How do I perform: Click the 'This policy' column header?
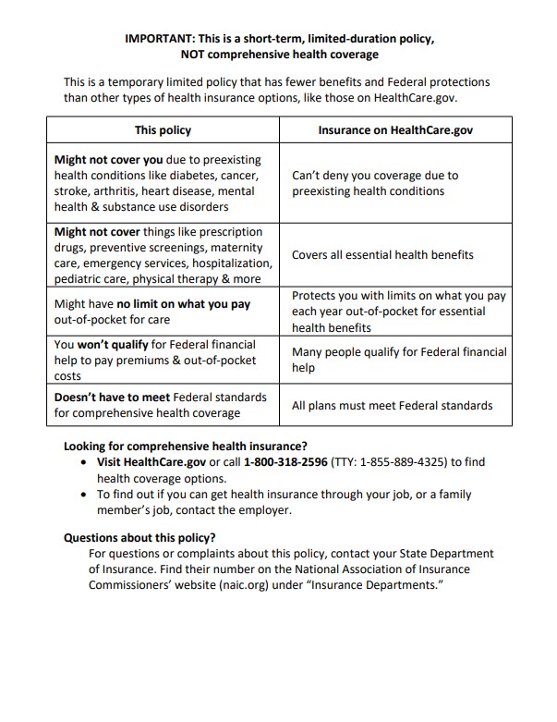(x=163, y=131)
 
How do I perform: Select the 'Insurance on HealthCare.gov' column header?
(x=395, y=131)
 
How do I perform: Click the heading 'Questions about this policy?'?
(x=139, y=537)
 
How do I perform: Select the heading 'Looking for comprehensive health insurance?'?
(x=186, y=445)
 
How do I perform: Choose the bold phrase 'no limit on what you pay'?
(x=184, y=303)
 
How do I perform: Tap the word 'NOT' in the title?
(x=196, y=55)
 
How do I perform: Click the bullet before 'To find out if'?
(x=86, y=495)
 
